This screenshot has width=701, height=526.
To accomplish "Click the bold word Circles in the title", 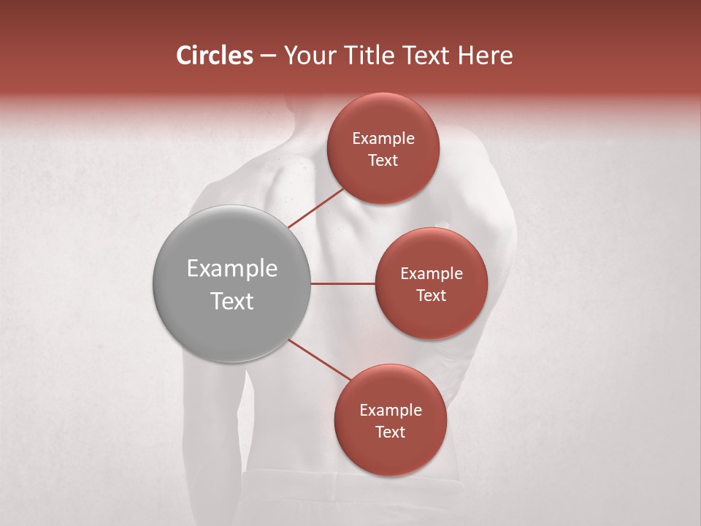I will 215,56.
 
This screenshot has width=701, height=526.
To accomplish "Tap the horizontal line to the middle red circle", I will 342,283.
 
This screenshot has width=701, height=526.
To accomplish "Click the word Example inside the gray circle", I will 232,269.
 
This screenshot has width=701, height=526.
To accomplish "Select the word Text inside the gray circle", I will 232,301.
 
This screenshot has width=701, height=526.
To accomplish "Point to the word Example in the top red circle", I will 383,139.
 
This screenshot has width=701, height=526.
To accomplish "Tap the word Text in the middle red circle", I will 431,295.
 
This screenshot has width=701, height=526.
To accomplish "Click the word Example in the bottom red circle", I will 391,411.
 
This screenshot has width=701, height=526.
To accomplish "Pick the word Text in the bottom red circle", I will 390,432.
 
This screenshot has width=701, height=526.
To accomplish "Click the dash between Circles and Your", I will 268,56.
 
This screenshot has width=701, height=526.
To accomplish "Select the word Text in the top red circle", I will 383,160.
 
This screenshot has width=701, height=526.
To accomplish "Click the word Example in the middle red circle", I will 432,274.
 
